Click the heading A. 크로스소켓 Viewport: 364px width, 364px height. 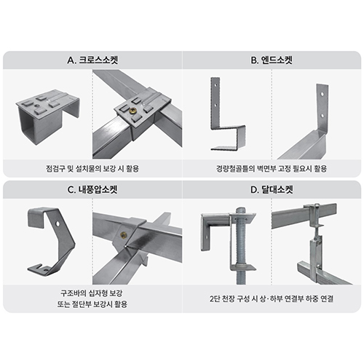[x=92, y=60]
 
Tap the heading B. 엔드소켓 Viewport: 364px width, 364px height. [x=272, y=60]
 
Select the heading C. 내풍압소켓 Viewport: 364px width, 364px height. [x=92, y=189]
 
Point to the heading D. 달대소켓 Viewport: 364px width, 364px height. [x=272, y=189]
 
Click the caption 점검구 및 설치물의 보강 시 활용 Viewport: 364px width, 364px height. [x=92, y=168]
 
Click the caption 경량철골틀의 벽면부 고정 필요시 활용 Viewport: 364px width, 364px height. [x=272, y=168]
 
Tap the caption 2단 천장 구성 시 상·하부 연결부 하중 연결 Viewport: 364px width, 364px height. [x=272, y=298]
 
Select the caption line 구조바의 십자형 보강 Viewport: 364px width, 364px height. [x=91, y=293]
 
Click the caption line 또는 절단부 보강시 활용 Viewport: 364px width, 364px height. [x=92, y=304]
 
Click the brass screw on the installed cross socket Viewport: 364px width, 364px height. [x=133, y=111]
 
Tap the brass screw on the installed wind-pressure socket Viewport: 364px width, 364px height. [x=123, y=235]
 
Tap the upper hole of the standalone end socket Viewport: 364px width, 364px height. [x=215, y=84]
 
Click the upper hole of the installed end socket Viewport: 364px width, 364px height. [x=322, y=93]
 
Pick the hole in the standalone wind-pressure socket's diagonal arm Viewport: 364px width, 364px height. [x=58, y=223]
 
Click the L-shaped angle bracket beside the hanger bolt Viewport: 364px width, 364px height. [x=213, y=232]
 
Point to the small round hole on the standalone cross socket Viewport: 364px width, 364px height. [x=38, y=106]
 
